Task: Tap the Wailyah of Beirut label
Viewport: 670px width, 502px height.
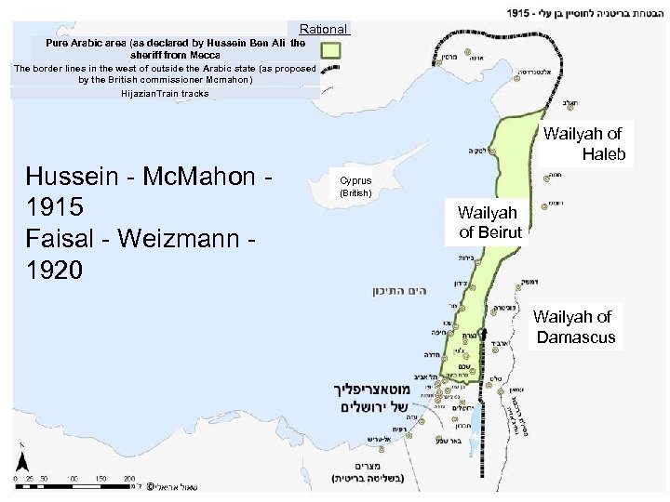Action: click(489, 222)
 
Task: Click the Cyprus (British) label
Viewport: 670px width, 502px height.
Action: click(355, 187)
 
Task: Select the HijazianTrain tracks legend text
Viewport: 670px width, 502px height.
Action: click(165, 93)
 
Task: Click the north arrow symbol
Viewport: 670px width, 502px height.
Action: click(24, 463)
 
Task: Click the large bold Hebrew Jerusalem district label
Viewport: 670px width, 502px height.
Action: click(377, 398)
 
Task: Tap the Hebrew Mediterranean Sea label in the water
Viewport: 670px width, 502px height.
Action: click(392, 291)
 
